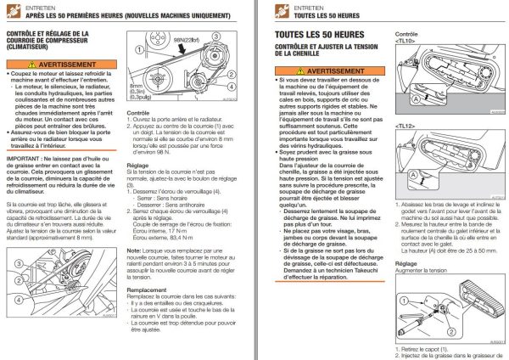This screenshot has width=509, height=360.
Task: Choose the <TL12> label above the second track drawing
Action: (406, 126)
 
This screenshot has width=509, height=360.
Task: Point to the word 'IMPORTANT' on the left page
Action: (23, 160)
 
